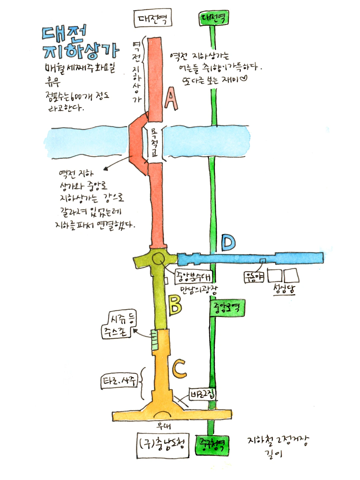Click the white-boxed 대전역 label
pyautogui.click(x=153, y=18)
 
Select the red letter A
pyautogui.click(x=171, y=99)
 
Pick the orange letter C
pyautogui.click(x=179, y=368)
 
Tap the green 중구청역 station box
pyautogui.click(x=212, y=445)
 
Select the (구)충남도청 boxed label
pyautogui.click(x=162, y=445)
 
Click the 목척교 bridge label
pyautogui.click(x=154, y=144)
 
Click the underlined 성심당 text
pyautogui.click(x=284, y=288)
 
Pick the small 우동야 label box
pyautogui.click(x=254, y=276)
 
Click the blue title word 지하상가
pyautogui.click(x=81, y=51)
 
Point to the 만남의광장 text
pyautogui.click(x=199, y=289)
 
